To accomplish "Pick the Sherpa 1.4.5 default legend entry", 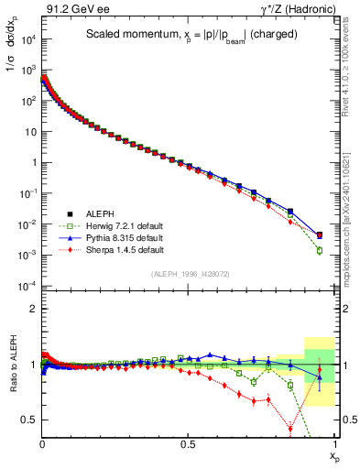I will pos(111,249).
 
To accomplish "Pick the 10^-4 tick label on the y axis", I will pos(26,286).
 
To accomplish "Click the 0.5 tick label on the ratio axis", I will pos(28,420).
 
